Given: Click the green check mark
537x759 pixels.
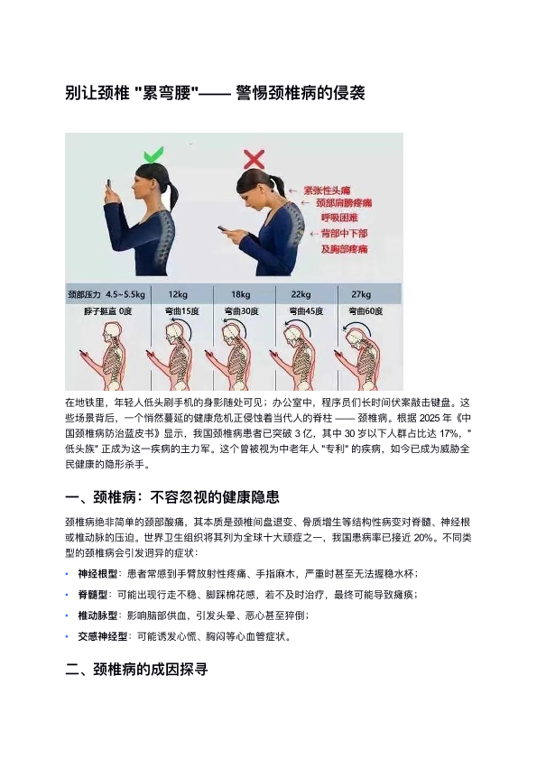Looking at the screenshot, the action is pos(153,155).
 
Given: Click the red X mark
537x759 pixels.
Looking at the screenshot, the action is pos(255,159).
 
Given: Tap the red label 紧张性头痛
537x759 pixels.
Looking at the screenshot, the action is pos(327,190).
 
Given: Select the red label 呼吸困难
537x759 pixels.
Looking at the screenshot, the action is pos(339,218).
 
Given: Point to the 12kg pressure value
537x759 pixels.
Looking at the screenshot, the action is pos(178,294).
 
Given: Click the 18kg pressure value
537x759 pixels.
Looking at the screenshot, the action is pos(240,294).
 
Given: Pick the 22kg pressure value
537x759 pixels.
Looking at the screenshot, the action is pos(301,294).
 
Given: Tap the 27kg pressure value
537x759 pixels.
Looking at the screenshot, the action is pos(361,294).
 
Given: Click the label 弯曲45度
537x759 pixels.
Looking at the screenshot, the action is pos(306,311).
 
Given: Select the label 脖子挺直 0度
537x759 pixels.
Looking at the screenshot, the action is pos(107,311).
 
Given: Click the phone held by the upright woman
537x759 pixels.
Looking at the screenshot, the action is pos(109,186).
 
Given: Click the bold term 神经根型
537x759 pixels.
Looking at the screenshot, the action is pos(97,574).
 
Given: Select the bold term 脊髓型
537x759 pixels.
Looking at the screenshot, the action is pos(92,595).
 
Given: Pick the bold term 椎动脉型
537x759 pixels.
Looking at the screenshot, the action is pos(97,616).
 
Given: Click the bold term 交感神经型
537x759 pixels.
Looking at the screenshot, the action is pos(103,636).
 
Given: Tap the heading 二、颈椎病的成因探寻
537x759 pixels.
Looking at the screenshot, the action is pos(136,670).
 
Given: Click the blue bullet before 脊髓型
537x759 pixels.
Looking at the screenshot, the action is pos(67,595).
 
